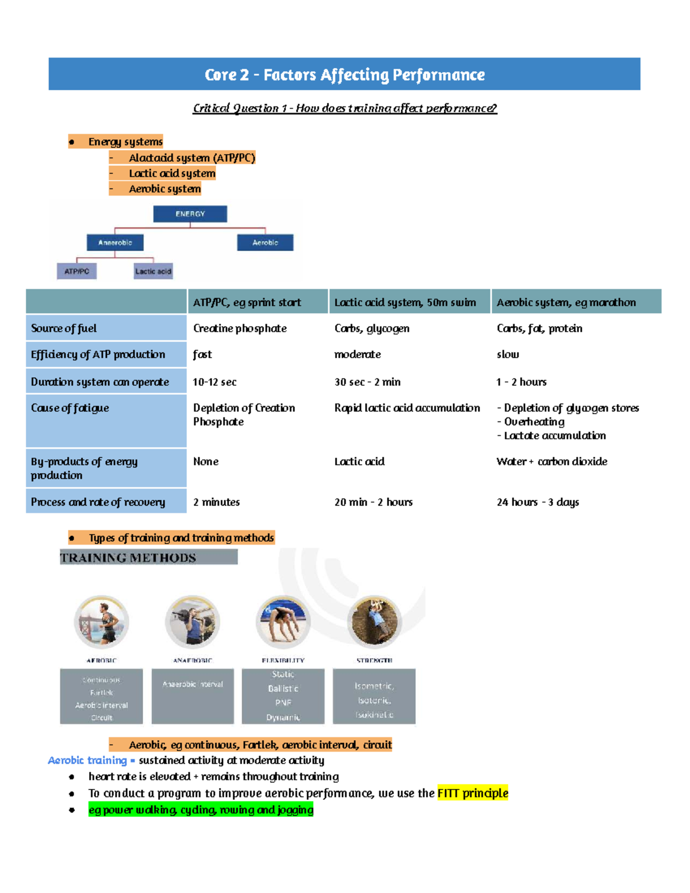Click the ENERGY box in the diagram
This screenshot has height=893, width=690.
click(x=190, y=214)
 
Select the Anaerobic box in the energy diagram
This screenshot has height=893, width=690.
click(x=115, y=243)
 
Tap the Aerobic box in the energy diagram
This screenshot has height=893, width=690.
click(x=265, y=243)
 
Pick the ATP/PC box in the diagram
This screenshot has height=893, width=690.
click(x=76, y=271)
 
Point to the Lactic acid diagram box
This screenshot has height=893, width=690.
click(x=153, y=271)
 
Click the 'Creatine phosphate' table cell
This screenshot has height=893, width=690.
click(x=240, y=328)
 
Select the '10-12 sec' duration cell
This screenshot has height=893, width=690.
click(x=214, y=382)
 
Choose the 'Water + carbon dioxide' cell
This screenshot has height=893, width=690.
click(x=551, y=461)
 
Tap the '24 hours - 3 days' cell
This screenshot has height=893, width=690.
click(x=538, y=502)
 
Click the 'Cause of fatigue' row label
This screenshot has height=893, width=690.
click(x=70, y=408)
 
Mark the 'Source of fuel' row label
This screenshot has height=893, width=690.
click(x=64, y=328)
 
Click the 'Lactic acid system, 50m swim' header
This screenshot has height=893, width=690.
click(x=405, y=302)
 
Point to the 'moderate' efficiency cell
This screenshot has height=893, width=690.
click(x=358, y=354)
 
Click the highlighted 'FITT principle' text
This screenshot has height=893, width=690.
click(x=473, y=794)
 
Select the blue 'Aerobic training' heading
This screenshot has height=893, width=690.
click(x=87, y=760)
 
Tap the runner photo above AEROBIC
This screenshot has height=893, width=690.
click(x=102, y=622)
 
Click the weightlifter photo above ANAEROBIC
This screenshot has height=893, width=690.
click(x=193, y=622)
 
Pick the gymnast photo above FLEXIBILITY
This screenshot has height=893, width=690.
click(x=283, y=622)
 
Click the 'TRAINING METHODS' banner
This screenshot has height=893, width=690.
click(x=148, y=557)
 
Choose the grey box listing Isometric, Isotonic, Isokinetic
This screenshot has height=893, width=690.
click(x=374, y=696)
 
